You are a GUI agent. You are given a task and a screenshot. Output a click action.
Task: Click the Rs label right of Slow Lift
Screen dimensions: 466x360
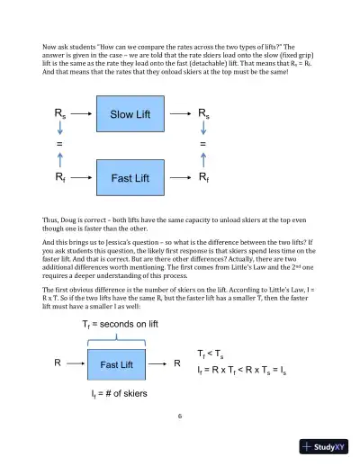[x=204, y=114]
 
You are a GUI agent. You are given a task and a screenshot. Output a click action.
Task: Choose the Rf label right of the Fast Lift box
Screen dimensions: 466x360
[x=204, y=178]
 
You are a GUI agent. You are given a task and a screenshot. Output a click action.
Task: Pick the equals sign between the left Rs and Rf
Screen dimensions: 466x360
[x=60, y=145]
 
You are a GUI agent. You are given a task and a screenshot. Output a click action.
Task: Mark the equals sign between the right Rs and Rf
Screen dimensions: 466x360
[x=203, y=145]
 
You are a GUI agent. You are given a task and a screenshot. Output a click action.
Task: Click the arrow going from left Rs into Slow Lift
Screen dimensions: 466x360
[x=83, y=114]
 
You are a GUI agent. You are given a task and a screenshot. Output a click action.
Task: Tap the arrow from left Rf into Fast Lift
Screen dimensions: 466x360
[x=83, y=178]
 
